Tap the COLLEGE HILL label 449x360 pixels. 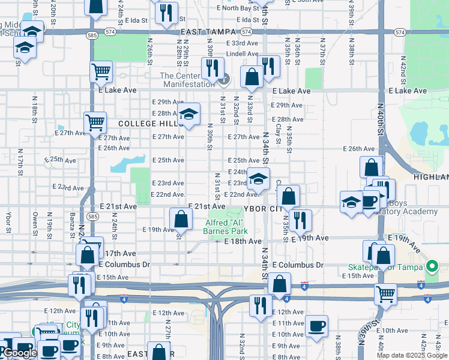(x=143, y=124)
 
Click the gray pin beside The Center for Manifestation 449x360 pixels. (x=224, y=78)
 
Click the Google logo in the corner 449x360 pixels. (x=20, y=353)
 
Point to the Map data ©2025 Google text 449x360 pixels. (x=412, y=355)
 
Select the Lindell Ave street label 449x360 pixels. (x=242, y=53)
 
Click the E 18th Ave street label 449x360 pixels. (x=243, y=241)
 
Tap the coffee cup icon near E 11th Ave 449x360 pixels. (x=316, y=326)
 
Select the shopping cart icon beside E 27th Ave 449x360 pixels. (x=95, y=122)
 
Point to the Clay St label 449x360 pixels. (x=279, y=135)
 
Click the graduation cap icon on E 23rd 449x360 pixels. (x=258, y=178)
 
